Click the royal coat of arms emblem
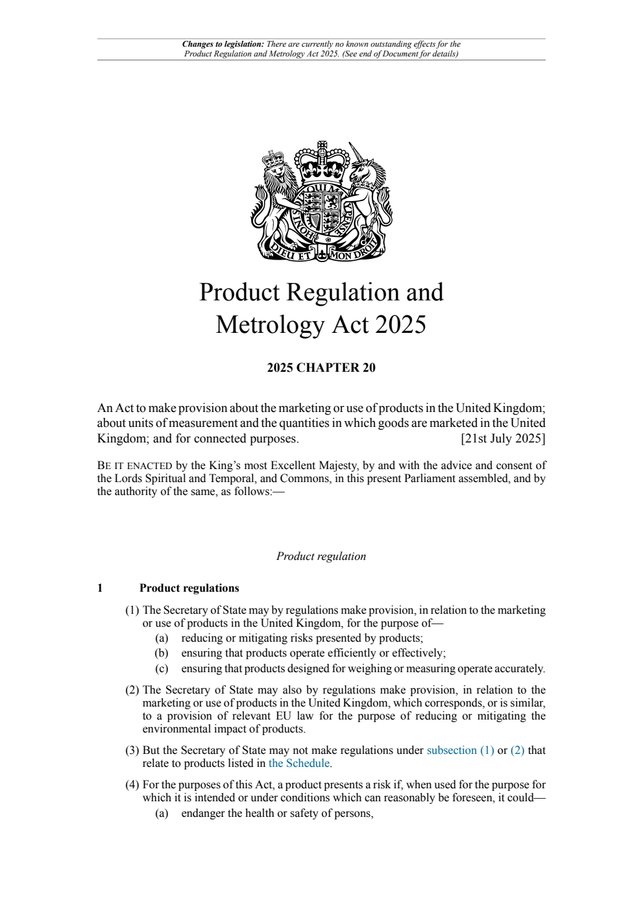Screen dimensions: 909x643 click(x=321, y=201)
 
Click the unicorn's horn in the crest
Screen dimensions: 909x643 click(x=357, y=153)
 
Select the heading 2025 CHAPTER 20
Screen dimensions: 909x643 click(x=321, y=368)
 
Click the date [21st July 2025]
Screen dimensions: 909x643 click(x=503, y=439)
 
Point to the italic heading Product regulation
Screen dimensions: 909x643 click(x=321, y=556)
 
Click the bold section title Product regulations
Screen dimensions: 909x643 click(x=189, y=588)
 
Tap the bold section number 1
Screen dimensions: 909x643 click(x=100, y=588)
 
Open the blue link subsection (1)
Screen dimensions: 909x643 click(x=460, y=750)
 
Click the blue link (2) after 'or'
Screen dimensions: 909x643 click(x=517, y=750)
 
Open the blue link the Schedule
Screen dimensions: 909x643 click(x=299, y=763)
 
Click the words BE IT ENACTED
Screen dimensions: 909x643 click(x=134, y=465)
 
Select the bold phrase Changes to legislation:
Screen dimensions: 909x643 click(x=223, y=45)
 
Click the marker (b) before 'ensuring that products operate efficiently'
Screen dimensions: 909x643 click(x=162, y=653)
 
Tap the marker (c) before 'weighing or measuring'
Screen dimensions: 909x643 click(x=162, y=668)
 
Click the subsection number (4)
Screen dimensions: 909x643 click(x=132, y=784)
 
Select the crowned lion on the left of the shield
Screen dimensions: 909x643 click(x=276, y=195)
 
